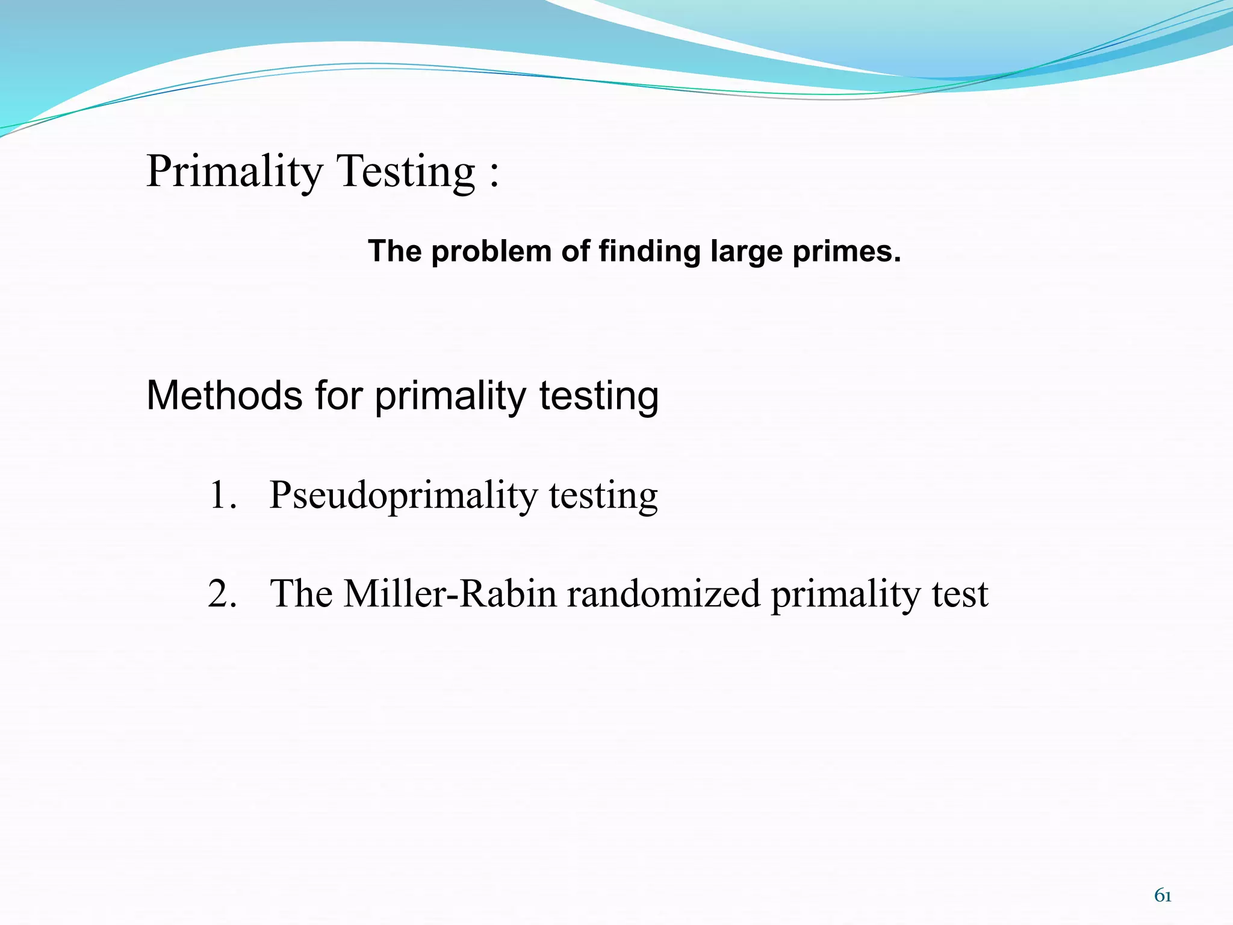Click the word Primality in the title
(235, 172)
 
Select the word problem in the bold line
(491, 252)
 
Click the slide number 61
(1163, 896)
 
